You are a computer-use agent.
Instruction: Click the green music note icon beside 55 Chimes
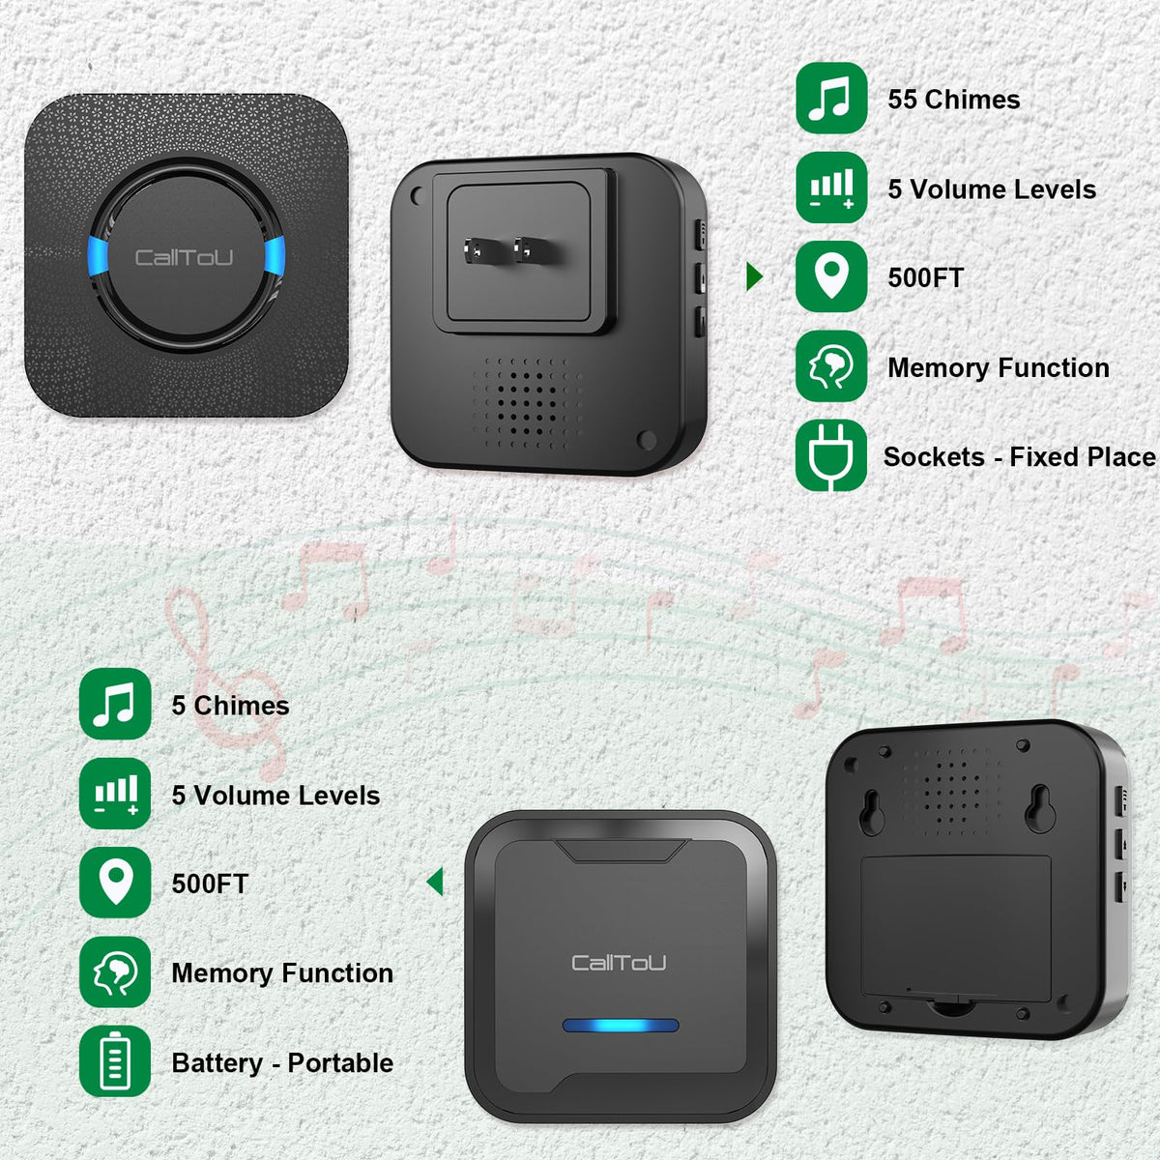[830, 99]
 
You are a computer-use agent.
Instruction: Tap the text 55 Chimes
[953, 100]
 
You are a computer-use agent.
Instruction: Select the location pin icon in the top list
[830, 277]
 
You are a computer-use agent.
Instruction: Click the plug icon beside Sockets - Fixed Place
[830, 456]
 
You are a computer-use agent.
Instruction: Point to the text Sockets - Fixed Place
[1019, 456]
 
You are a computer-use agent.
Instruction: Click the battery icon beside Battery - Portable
[115, 1061]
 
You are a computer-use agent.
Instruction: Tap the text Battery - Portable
[282, 1062]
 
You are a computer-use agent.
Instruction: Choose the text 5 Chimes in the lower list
[230, 706]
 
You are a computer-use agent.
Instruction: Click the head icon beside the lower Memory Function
[115, 972]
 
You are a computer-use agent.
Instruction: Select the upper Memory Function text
[998, 367]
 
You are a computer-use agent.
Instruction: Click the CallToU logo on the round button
[184, 257]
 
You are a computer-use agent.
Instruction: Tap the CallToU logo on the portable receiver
[619, 963]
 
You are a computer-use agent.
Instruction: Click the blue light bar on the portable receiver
[621, 1026]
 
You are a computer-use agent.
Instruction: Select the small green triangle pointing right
[754, 277]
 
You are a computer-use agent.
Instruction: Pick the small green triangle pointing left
[435, 882]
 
